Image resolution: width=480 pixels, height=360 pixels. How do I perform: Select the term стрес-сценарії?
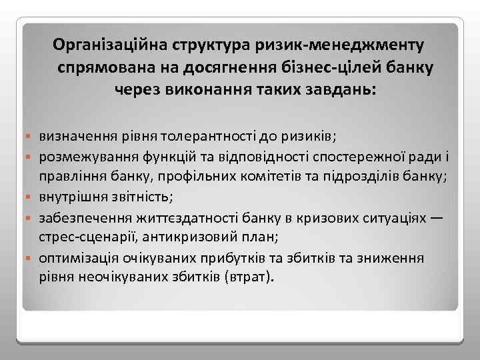click(x=80, y=237)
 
